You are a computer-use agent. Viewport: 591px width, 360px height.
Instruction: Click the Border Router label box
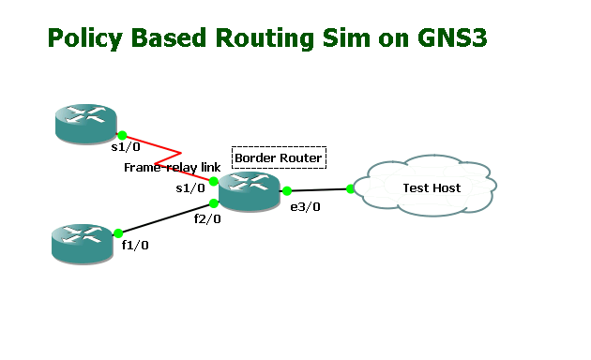279,157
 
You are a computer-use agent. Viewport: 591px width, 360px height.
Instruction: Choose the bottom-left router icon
83,242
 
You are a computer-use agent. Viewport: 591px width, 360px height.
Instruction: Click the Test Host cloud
431,188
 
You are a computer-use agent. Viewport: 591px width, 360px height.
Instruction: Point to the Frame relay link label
173,167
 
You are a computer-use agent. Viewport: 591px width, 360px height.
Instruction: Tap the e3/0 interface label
305,206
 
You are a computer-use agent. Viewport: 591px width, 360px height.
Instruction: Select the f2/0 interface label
206,219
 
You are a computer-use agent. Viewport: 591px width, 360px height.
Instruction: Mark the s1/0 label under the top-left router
126,148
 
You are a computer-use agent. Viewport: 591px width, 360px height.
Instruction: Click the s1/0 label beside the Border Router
190,188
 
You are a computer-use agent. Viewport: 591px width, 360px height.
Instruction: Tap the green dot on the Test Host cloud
350,188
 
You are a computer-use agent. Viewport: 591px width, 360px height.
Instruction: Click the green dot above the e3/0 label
287,190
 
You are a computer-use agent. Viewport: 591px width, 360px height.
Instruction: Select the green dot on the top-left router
122,135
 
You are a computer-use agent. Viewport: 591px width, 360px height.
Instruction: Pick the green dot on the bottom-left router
118,232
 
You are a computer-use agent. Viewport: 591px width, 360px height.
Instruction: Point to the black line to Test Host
319,189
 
